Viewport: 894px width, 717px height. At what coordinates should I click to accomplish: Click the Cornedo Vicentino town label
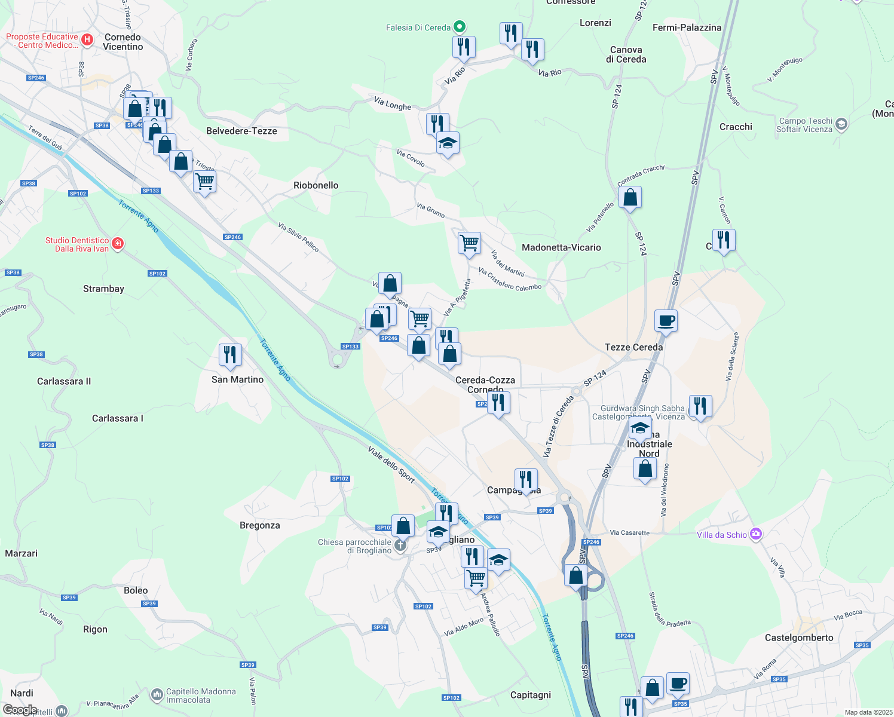pyautogui.click(x=123, y=42)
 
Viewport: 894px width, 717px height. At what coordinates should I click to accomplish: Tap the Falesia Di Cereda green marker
pyautogui.click(x=460, y=27)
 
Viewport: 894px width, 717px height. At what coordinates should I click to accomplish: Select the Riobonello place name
pyautogui.click(x=316, y=185)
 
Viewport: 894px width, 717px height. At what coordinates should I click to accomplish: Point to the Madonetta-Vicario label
pyautogui.click(x=561, y=247)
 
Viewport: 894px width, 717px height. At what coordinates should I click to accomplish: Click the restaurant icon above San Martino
pyautogui.click(x=230, y=354)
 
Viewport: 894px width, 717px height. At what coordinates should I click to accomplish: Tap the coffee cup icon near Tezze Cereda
pyautogui.click(x=666, y=321)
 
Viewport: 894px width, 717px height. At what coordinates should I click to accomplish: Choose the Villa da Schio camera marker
pyautogui.click(x=756, y=534)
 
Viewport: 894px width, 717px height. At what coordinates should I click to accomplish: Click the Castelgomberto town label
pyautogui.click(x=799, y=638)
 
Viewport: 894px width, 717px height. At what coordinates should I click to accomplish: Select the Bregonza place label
pyautogui.click(x=259, y=525)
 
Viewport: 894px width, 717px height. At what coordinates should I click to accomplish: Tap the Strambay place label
pyautogui.click(x=103, y=289)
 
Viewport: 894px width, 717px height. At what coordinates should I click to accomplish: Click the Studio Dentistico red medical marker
pyautogui.click(x=118, y=244)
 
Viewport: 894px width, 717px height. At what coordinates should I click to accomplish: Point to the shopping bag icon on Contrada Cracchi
pyautogui.click(x=630, y=197)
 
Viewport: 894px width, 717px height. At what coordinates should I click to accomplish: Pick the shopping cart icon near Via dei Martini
pyautogui.click(x=469, y=243)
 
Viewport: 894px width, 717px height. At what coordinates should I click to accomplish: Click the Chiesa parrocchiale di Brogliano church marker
pyautogui.click(x=400, y=546)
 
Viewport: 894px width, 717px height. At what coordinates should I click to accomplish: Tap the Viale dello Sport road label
pyautogui.click(x=391, y=464)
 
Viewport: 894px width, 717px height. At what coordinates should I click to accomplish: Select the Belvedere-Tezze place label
pyautogui.click(x=241, y=131)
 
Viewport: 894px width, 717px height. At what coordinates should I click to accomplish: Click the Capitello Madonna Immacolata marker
pyautogui.click(x=157, y=695)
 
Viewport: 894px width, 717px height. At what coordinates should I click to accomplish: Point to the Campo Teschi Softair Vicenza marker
pyautogui.click(x=841, y=124)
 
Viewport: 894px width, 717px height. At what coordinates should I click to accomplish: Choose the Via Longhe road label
pyautogui.click(x=393, y=104)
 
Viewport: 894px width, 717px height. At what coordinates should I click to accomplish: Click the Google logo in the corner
pyautogui.click(x=20, y=710)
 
